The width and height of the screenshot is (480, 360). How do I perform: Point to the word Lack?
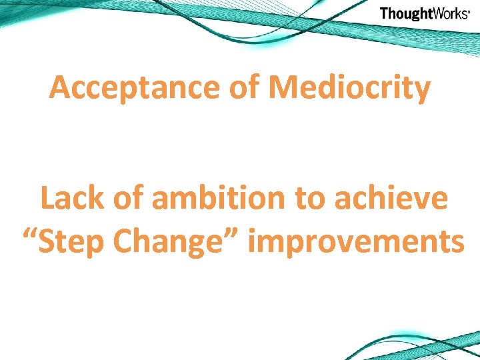click(70, 199)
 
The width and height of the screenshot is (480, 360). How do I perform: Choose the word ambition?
click(216, 199)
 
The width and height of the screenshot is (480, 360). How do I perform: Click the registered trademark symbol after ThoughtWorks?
click(470, 11)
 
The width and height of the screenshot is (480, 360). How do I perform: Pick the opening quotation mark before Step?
click(31, 235)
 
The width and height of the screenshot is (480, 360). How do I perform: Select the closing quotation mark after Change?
click(234, 235)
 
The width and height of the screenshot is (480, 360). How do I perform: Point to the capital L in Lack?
click(47, 199)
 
